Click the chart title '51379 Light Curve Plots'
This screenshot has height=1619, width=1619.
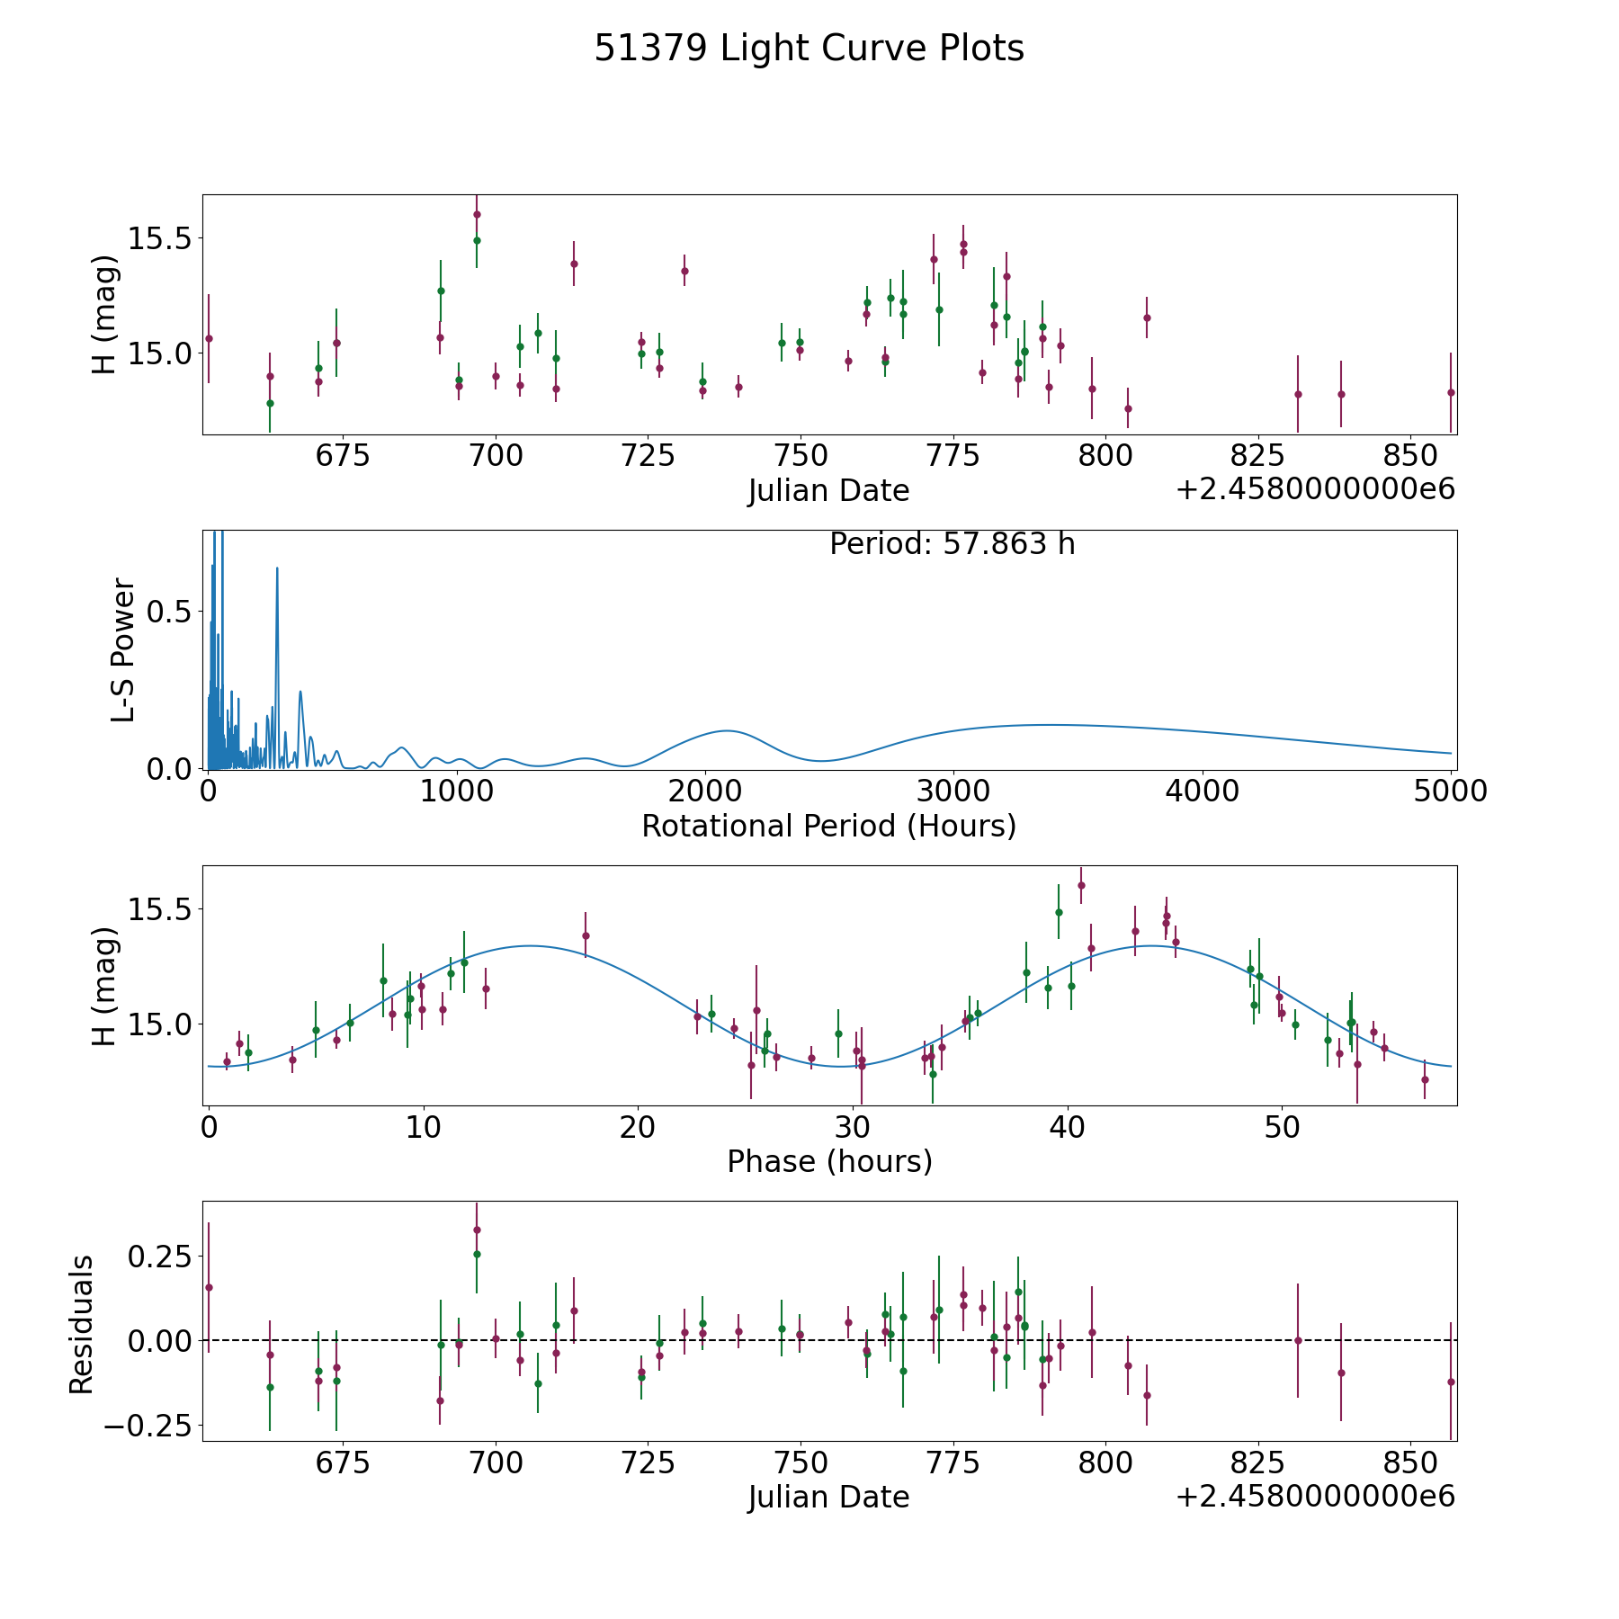click(x=809, y=49)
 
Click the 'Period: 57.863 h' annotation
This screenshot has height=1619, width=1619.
click(x=952, y=544)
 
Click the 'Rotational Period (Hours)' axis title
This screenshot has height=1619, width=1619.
click(x=828, y=826)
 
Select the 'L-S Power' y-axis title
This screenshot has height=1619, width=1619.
click(x=123, y=650)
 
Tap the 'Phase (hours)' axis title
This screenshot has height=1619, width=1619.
click(x=829, y=1161)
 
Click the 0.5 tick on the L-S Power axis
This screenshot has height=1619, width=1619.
click(x=171, y=612)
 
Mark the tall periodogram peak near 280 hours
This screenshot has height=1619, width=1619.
click(x=277, y=568)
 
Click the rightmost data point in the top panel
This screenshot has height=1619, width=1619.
click(x=1451, y=392)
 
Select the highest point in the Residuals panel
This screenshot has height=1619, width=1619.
click(x=477, y=1230)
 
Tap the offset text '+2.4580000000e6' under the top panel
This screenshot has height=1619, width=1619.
click(x=1315, y=490)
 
